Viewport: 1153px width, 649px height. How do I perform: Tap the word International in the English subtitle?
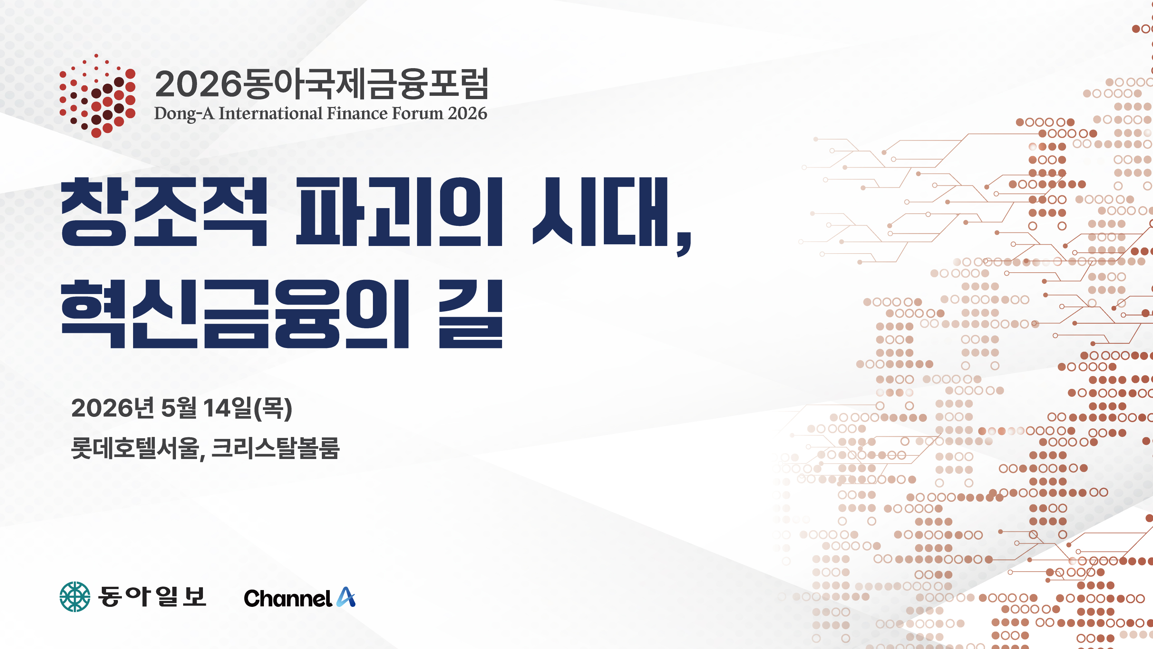coord(270,113)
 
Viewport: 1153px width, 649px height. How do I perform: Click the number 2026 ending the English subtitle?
coord(468,113)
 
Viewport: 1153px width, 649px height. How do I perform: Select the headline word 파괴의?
coord(399,212)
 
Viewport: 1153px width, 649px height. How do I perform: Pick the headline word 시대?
coord(600,212)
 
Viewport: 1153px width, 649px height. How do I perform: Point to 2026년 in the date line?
coord(113,408)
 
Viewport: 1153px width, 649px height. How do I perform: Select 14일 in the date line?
coord(227,408)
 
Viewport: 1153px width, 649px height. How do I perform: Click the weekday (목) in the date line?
coord(273,408)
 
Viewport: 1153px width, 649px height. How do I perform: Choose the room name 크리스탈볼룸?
coord(275,448)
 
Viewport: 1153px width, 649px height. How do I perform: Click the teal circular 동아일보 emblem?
coord(75,597)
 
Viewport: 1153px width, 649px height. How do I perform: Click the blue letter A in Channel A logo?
coord(346,597)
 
